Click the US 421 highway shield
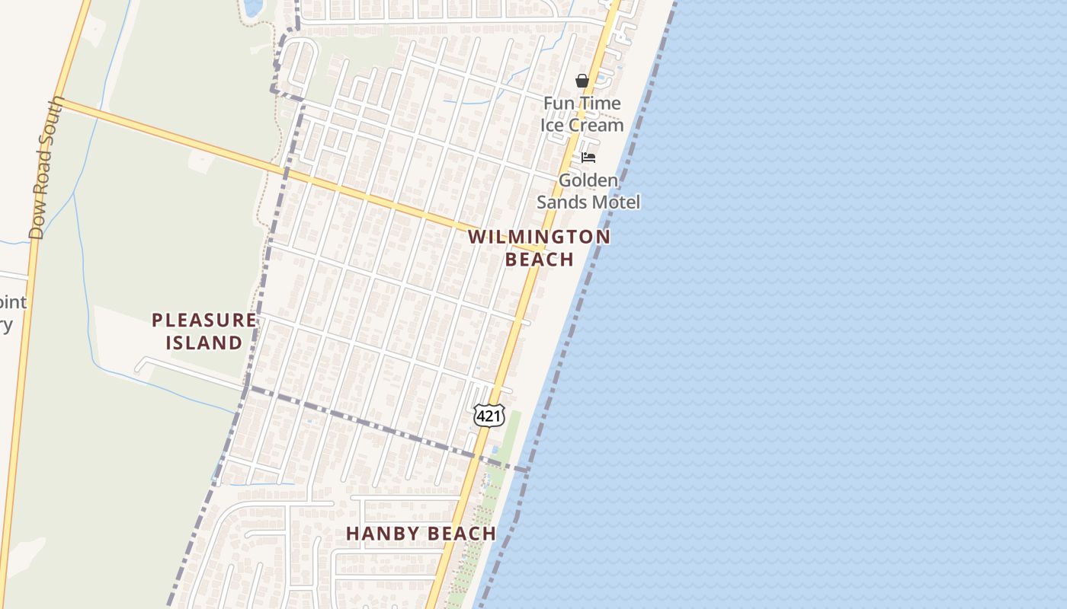click(488, 416)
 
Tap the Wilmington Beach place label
click(539, 247)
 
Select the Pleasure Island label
click(204, 331)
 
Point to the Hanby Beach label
click(421, 534)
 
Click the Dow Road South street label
click(47, 167)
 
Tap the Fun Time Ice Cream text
click(582, 114)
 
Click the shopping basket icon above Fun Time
click(582, 81)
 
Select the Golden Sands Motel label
click(588, 191)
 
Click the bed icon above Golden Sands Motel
click(588, 158)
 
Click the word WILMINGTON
click(539, 237)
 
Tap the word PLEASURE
click(204, 320)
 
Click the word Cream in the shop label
click(599, 125)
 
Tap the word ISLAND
click(204, 343)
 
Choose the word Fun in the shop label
click(559, 103)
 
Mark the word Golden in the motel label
click(588, 180)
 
